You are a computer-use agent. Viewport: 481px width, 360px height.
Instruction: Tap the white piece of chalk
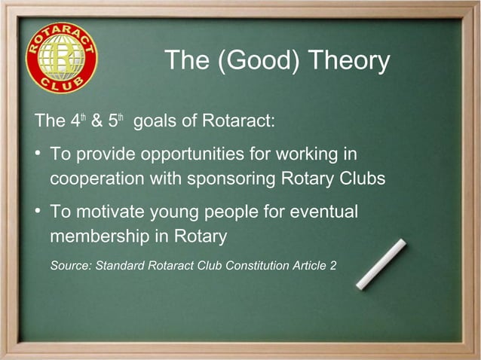coord(381,264)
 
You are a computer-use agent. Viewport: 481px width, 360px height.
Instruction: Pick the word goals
coord(155,123)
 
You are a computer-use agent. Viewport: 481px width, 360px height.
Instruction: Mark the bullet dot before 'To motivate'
coord(37,212)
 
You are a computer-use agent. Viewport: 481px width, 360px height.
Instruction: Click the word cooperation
coord(98,181)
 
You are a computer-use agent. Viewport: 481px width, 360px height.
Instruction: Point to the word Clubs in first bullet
coord(361,180)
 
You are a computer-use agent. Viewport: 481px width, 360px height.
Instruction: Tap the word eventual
coord(321,213)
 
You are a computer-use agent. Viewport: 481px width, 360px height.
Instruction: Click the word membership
coord(102,237)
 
